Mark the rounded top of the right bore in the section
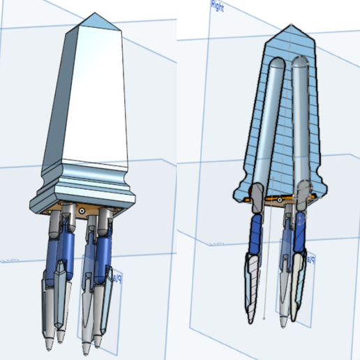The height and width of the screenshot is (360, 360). (x=302, y=63)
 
